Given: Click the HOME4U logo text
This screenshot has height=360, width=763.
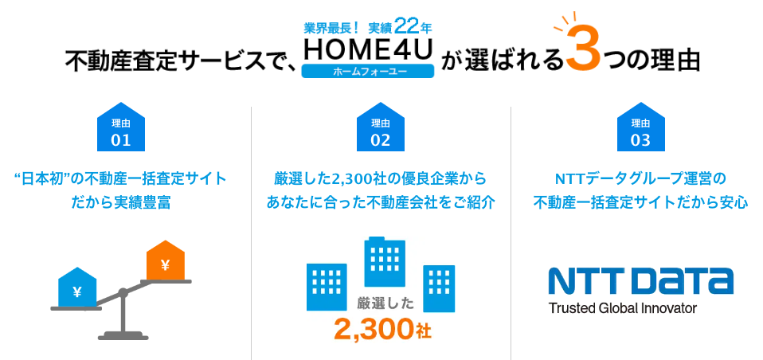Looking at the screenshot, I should pos(368,49).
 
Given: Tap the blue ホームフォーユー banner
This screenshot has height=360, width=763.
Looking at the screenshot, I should pos(368,71).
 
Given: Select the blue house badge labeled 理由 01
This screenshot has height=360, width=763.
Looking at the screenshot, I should pos(120,128).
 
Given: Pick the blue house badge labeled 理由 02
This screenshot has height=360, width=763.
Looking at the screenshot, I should pos(381,128).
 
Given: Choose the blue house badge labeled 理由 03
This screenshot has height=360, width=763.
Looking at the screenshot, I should pos(640,128).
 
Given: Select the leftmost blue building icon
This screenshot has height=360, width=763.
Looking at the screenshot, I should pos(327,283).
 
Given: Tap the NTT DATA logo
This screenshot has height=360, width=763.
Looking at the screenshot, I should pos(640,281).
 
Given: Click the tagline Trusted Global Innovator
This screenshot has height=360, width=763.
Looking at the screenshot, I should pos(622,307).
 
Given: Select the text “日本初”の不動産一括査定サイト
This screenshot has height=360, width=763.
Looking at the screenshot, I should pos(120,178).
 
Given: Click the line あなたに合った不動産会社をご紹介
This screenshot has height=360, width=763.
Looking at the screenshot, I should pos(381,202).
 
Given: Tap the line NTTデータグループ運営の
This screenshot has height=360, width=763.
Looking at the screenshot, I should pos(640,178).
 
